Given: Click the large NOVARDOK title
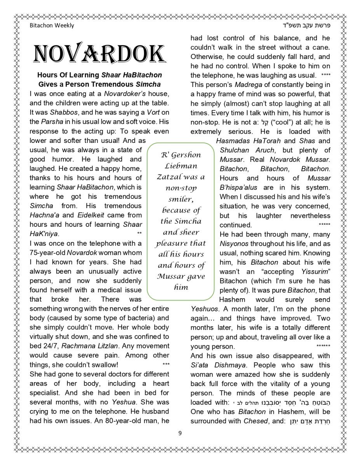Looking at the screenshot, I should tap(100, 54).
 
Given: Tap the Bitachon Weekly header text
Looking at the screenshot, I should tap(52, 26).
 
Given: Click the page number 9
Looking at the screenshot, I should tap(180, 433).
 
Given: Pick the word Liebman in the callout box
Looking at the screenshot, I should tap(181, 166).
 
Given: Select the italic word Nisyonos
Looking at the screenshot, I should tap(234, 244).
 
